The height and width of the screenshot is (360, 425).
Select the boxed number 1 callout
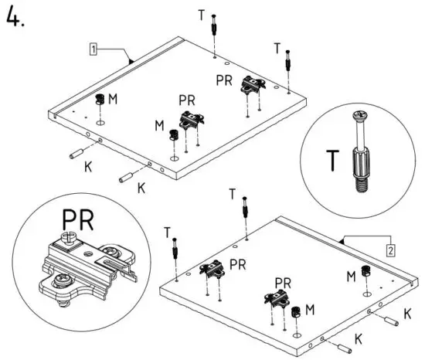(x=93, y=49)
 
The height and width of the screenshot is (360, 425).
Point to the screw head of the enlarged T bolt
(x=358, y=117)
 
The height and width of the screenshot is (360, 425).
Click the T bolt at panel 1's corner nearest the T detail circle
(x=289, y=59)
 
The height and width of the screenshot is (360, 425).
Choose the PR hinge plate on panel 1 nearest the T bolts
(x=250, y=83)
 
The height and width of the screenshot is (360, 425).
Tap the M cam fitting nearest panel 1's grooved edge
(x=100, y=100)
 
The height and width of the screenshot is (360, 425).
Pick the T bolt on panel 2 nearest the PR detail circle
(x=178, y=248)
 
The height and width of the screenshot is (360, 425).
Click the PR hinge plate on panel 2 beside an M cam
(x=276, y=297)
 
